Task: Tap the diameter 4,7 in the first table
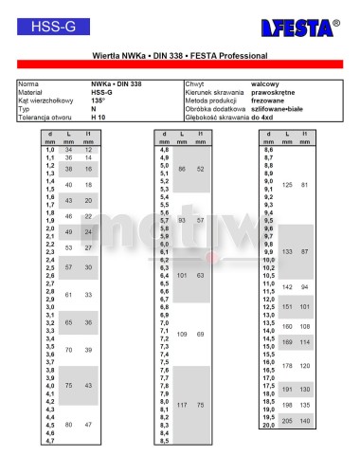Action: pyautogui.click(x=50, y=441)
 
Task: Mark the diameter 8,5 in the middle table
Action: pyautogui.click(x=164, y=441)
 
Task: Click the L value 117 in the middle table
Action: pyautogui.click(x=182, y=405)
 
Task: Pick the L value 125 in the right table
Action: pyautogui.click(x=287, y=184)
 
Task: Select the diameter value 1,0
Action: pyautogui.click(x=50, y=150)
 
